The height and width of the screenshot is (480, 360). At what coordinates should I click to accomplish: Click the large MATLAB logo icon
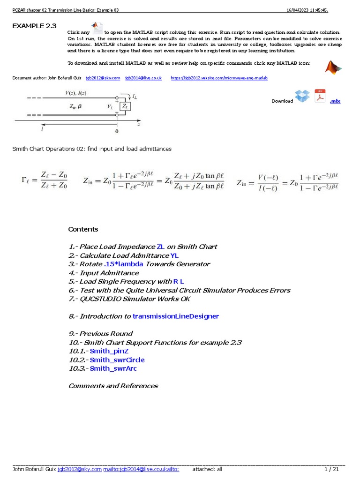tap(333, 67)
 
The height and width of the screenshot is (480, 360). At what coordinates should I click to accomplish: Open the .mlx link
tap(335, 101)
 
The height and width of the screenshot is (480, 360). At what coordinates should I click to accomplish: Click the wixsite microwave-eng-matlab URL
tap(219, 78)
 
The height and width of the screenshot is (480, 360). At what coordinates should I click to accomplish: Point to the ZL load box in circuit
tap(125, 107)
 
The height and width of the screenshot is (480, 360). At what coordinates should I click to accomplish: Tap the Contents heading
tap(83, 229)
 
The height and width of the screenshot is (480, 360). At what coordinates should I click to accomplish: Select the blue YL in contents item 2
tap(174, 255)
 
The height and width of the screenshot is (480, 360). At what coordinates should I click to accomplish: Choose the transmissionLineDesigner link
tap(176, 316)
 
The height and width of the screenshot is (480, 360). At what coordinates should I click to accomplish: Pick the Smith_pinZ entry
tap(109, 351)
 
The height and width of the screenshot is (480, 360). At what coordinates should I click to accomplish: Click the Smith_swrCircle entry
tap(117, 360)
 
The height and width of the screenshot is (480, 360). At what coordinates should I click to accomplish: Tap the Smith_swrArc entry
tap(113, 368)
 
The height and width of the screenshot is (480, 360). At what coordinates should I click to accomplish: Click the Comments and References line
tap(113, 386)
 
